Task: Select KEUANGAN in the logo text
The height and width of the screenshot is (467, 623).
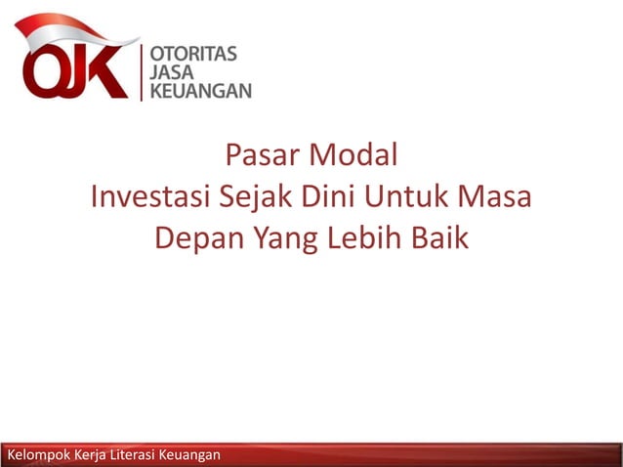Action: [x=199, y=90]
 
